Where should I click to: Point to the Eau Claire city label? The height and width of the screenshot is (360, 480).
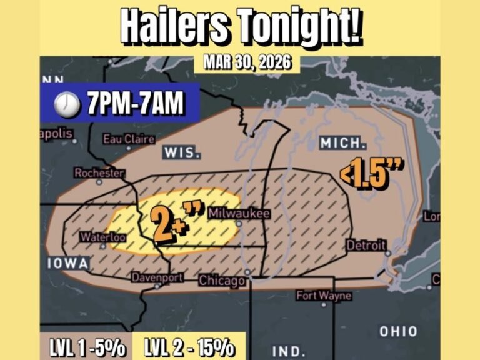click(x=129, y=139)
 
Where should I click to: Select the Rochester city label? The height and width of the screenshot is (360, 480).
click(x=99, y=173)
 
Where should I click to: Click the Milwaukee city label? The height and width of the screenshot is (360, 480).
click(x=239, y=214)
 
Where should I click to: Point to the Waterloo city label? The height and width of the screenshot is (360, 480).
click(x=104, y=237)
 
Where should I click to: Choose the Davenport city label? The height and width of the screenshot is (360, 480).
click(x=157, y=277)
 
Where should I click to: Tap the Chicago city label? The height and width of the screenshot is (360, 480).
click(x=222, y=281)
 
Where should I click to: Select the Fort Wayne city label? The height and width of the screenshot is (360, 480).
click(x=323, y=296)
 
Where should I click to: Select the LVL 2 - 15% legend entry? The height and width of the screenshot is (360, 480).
click(x=189, y=348)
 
